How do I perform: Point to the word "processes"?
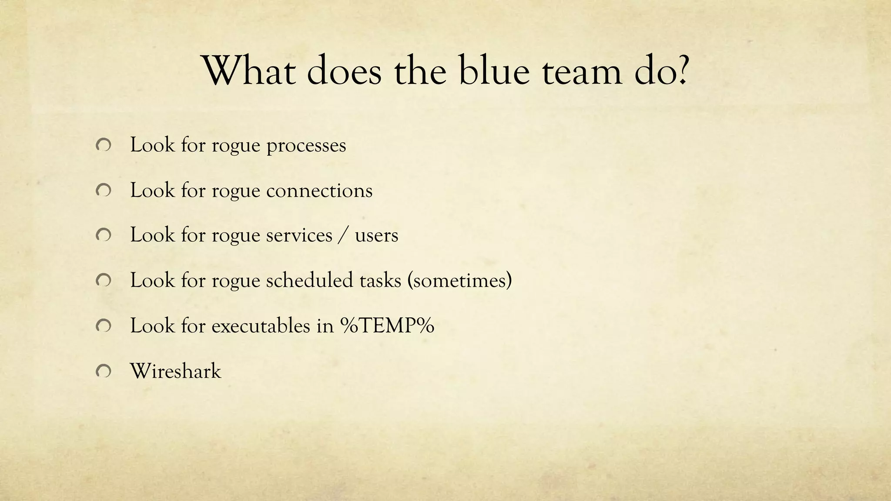(x=306, y=146)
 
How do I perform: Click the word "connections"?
(x=319, y=190)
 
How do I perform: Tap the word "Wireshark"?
(x=176, y=371)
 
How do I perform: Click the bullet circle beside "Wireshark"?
(x=103, y=371)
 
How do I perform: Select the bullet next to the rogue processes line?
(x=103, y=146)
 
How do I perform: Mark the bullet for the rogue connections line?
(x=103, y=190)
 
